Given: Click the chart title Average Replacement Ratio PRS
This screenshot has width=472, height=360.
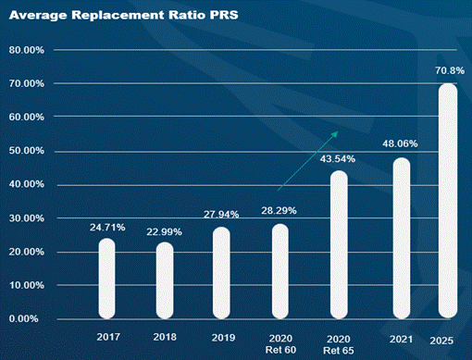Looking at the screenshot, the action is (124, 15).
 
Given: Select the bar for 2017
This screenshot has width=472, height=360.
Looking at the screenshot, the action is (106, 279).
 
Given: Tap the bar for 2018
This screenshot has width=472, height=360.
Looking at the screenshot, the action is (165, 280).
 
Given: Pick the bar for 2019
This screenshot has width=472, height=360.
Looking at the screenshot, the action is (221, 273).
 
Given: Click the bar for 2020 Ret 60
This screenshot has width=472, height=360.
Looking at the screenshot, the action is (280, 271).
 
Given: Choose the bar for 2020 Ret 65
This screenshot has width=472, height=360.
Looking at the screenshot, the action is (339, 245).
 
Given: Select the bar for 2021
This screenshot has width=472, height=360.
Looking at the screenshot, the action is (402, 238).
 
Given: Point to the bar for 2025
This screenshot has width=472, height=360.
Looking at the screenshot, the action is (448, 201).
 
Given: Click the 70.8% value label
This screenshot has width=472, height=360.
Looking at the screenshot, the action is (450, 70).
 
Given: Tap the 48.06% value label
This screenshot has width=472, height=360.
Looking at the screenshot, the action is (400, 143).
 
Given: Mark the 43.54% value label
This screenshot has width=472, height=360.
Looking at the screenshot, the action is (338, 159).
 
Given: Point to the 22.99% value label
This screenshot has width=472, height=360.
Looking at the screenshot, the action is (164, 231).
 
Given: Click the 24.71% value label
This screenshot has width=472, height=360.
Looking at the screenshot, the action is (107, 228).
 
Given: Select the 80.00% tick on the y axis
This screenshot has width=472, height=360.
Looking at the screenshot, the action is (27, 50).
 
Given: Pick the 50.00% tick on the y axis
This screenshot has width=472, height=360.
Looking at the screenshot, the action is (27, 151).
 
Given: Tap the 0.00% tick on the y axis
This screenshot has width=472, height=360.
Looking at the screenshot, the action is (24, 318).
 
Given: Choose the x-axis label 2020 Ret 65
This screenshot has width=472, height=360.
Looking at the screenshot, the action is (339, 345).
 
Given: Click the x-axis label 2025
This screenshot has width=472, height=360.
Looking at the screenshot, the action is (441, 341).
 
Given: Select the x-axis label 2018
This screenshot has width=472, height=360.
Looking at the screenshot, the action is (165, 337).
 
